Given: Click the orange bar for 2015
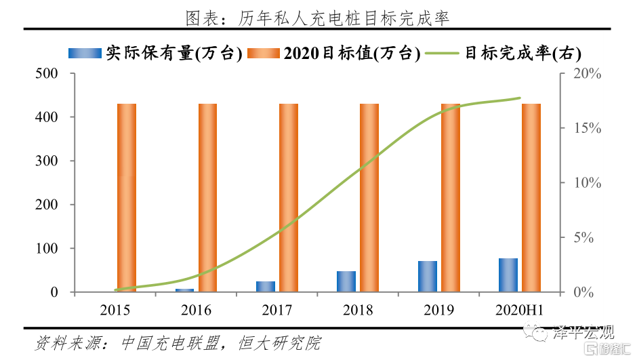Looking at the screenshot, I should pyautogui.click(x=127, y=198).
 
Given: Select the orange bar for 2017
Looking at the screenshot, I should pyautogui.click(x=289, y=198).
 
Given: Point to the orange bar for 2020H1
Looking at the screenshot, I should pyautogui.click(x=531, y=198).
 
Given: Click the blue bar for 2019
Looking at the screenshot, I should pyautogui.click(x=428, y=277).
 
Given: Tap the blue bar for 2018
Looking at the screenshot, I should pyautogui.click(x=346, y=281).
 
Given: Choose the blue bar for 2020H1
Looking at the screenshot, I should pyautogui.click(x=508, y=275).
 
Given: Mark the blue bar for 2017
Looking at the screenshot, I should pyautogui.click(x=266, y=287).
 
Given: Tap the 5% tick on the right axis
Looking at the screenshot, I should pyautogui.click(x=583, y=238).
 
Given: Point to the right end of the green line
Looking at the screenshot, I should pyautogui.click(x=520, y=98).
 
